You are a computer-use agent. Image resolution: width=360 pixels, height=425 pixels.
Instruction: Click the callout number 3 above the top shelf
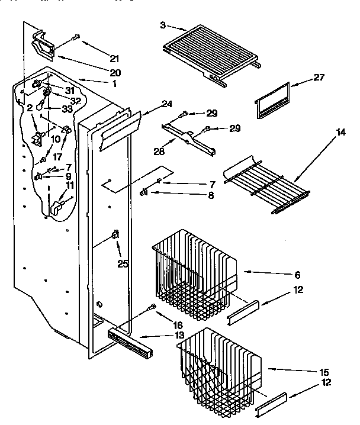[x=162, y=25]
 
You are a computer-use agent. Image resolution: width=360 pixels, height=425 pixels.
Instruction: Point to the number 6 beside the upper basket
[x=297, y=275]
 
